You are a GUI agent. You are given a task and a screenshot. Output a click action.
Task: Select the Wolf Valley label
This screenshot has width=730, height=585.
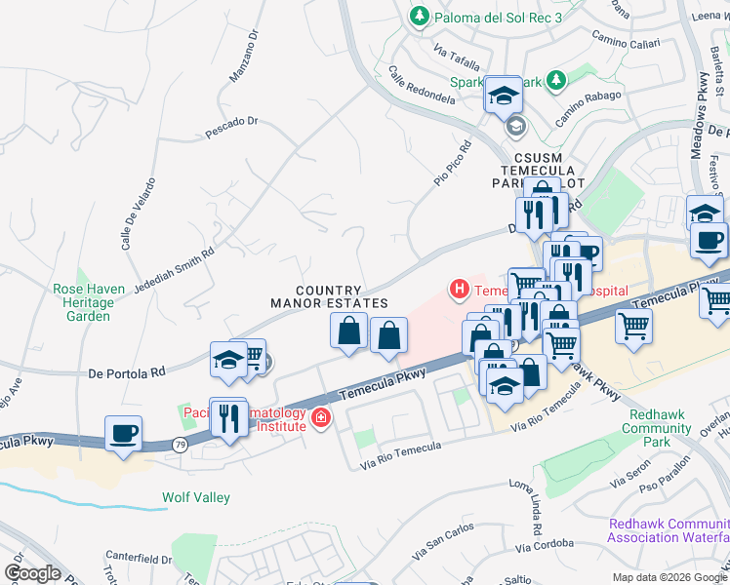[196, 497]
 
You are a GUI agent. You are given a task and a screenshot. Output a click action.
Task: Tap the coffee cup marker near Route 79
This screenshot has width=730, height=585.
[123, 433]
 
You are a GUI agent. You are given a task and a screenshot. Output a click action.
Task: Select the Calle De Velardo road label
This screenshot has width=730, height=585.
[138, 214]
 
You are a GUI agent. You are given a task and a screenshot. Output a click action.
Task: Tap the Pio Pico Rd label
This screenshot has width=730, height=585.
[452, 164]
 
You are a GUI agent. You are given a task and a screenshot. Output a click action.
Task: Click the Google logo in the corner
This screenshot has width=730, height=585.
[33, 573]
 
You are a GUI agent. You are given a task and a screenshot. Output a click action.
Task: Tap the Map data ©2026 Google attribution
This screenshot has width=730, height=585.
[669, 577]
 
